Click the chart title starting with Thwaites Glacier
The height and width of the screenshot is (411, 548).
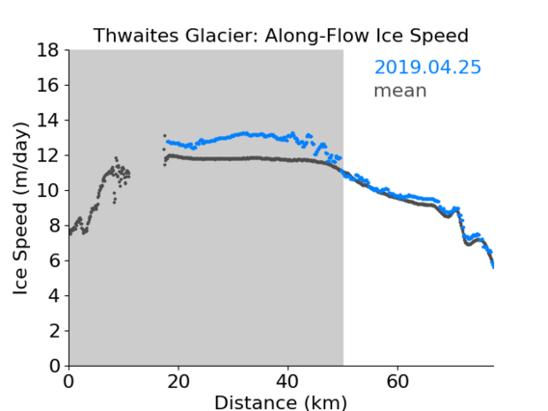(281, 36)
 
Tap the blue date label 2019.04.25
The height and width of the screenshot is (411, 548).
(427, 68)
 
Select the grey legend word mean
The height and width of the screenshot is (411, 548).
(400, 91)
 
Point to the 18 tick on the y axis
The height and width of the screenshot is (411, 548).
(47, 50)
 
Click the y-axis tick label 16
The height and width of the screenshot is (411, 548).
(47, 85)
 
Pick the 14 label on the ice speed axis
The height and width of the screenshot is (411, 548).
(47, 121)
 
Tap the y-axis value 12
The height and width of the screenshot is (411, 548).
(47, 155)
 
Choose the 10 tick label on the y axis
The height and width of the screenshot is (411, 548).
(47, 191)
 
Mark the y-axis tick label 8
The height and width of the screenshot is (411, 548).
(54, 226)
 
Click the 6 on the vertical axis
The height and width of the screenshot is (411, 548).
(54, 260)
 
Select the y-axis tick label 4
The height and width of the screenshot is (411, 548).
(54, 296)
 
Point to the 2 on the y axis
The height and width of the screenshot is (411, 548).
(54, 331)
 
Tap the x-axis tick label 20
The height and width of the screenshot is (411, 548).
(178, 381)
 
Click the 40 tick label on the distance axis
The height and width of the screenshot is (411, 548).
(288, 381)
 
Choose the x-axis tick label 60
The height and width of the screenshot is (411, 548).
(397, 381)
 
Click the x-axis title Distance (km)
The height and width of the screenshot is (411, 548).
(281, 402)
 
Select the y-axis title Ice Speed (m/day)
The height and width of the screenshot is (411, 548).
(20, 208)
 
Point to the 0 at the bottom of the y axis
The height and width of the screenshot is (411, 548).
(54, 367)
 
